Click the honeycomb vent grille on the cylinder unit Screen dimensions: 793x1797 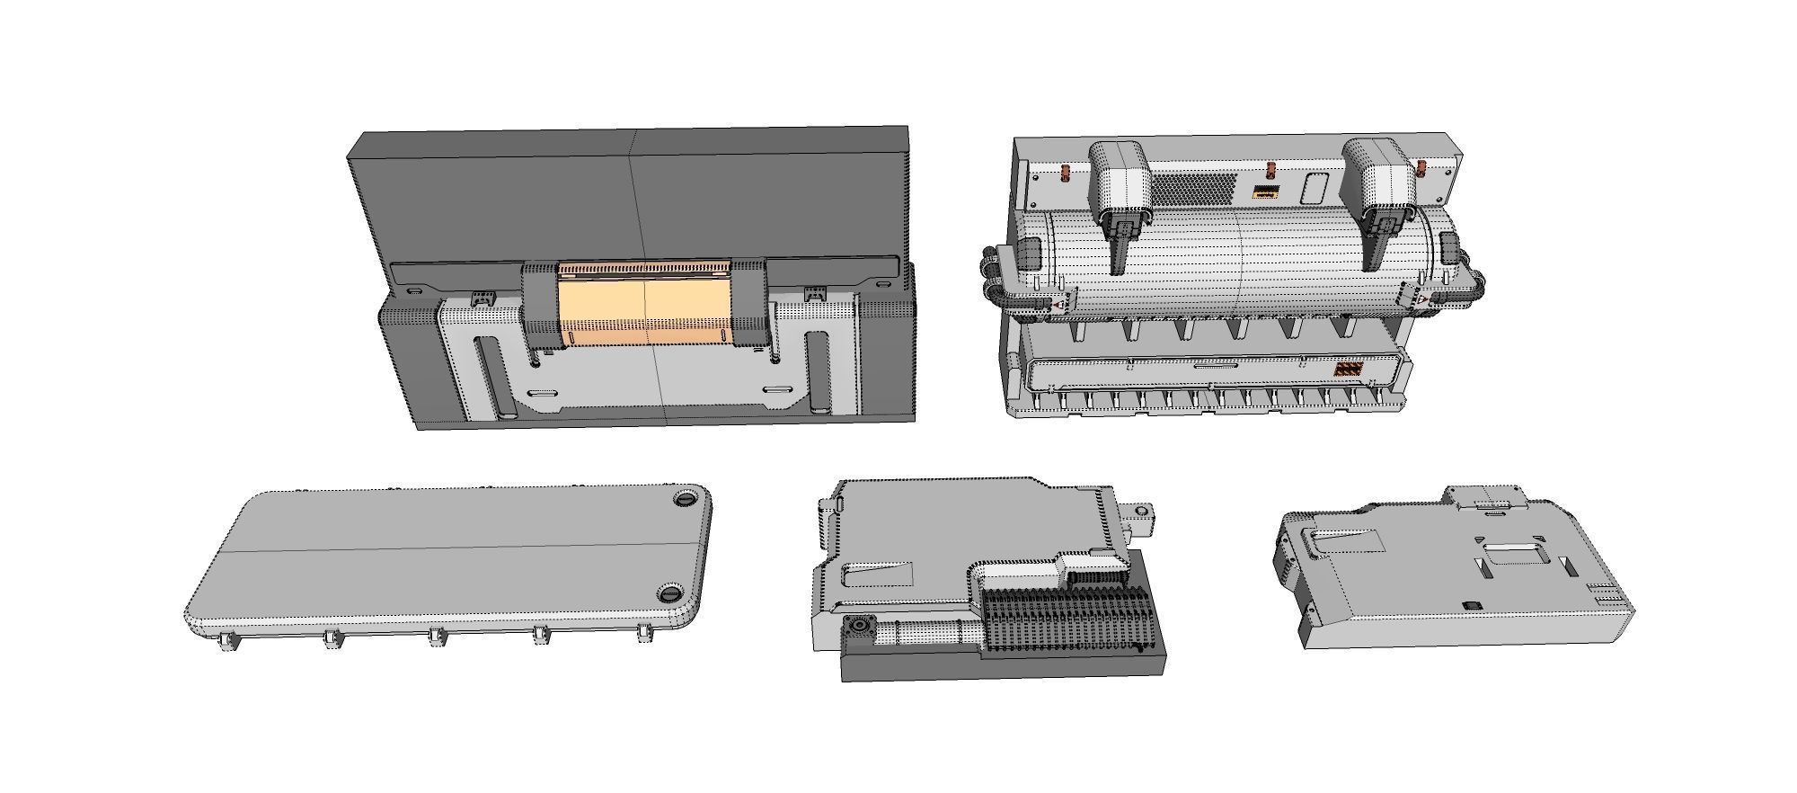pos(1192,188)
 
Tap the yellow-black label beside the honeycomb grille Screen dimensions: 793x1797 pos(1267,192)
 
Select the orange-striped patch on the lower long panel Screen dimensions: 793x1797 pos(1347,369)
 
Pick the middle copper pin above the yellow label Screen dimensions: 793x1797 pos(1270,170)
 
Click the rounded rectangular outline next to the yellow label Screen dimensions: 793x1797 pos(1314,188)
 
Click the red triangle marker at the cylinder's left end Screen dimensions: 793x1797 pos(1061,306)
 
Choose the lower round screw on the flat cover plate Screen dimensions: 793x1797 pos(671,593)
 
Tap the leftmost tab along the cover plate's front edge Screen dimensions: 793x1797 pos(228,640)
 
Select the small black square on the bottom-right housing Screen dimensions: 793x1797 pos(1471,605)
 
